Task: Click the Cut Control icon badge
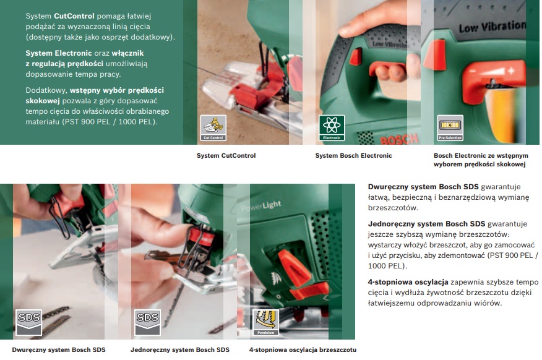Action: tap(213, 128)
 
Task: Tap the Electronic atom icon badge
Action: tap(332, 128)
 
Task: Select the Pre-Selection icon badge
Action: tap(450, 128)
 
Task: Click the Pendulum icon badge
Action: tap(265, 323)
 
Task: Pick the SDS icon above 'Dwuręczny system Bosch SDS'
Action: tap(28, 323)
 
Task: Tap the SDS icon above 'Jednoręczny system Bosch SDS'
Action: tap(147, 323)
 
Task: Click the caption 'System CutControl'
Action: tap(226, 155)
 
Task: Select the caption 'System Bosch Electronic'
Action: tap(353, 155)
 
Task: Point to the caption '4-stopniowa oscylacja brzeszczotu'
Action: tap(303, 349)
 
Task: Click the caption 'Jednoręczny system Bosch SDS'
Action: tap(180, 349)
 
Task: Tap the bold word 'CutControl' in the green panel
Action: tap(74, 16)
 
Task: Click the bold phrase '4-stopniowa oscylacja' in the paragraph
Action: tap(408, 282)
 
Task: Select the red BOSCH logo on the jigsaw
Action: tap(399, 139)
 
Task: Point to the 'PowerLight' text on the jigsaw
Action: tap(261, 206)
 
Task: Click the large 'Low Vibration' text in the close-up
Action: tap(493, 26)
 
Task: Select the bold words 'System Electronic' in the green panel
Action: tap(59, 53)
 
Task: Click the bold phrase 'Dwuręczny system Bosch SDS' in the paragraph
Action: tap(423, 187)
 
